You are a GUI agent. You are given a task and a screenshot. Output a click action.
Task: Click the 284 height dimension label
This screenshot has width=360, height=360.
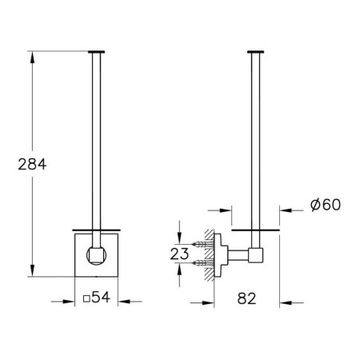point(32,164)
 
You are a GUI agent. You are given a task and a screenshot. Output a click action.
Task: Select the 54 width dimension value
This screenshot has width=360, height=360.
point(101,297)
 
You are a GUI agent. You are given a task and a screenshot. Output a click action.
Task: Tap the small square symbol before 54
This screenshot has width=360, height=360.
point(86,298)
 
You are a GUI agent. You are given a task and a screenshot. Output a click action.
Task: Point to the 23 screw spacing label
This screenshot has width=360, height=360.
point(179,254)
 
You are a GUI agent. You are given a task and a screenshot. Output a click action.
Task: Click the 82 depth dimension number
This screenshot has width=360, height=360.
point(246,298)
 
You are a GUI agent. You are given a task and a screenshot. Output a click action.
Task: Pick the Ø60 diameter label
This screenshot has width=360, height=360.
point(326,205)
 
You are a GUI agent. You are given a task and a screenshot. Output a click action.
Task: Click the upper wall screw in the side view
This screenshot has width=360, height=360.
point(202,244)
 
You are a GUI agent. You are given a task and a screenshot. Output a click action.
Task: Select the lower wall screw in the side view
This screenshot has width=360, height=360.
point(202,263)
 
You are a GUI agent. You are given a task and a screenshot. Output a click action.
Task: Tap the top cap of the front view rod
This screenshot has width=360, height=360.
point(96,52)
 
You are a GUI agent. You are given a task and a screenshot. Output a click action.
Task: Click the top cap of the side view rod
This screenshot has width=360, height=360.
point(255,52)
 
